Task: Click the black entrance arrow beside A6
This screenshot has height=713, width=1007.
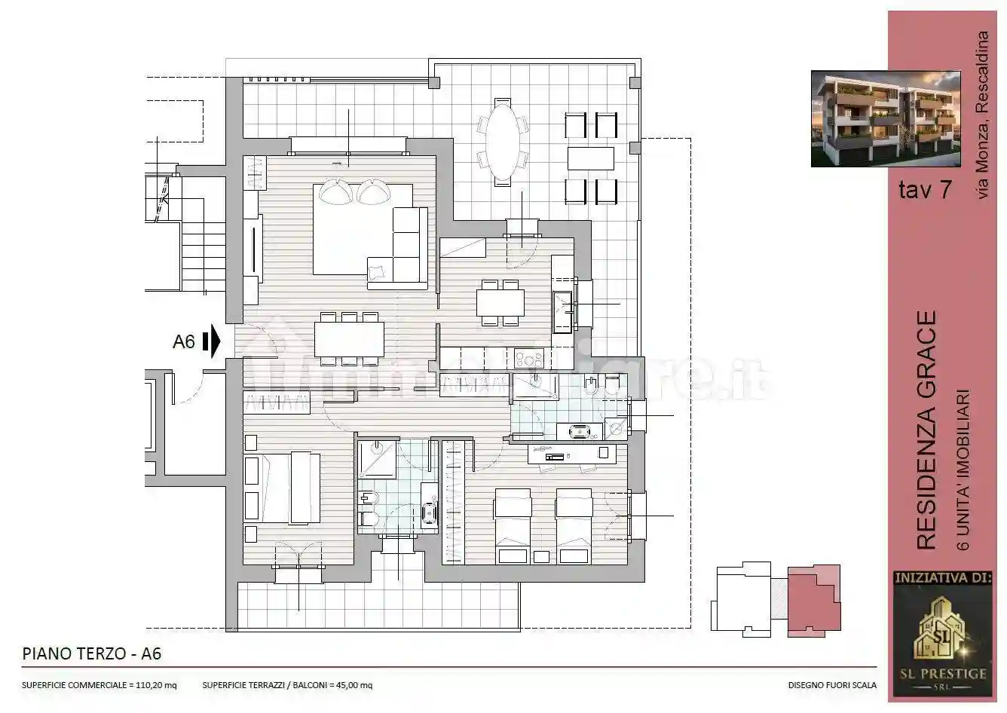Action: point(214,341)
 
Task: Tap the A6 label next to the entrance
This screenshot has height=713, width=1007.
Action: point(184,341)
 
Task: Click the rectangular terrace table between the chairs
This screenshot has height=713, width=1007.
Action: point(590,158)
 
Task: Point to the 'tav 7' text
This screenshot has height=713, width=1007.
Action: point(925,190)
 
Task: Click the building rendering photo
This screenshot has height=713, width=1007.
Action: point(886,118)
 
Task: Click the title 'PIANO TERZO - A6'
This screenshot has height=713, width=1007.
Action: point(92,653)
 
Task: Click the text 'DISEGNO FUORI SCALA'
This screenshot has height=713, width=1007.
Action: point(832,685)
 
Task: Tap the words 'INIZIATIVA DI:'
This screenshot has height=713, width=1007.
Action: point(942,578)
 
